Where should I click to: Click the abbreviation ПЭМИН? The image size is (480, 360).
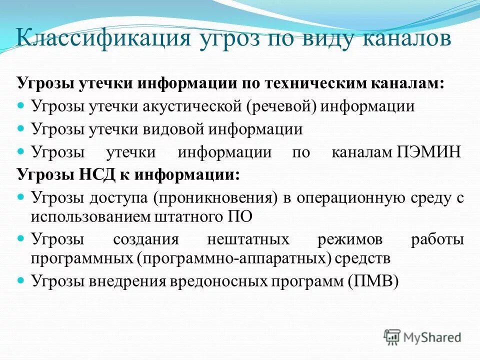pos(428,152)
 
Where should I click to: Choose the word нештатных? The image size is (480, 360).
pos(248,239)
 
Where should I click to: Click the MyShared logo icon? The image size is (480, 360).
pos(392,337)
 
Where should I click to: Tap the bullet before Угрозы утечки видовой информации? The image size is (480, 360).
pos(21,129)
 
